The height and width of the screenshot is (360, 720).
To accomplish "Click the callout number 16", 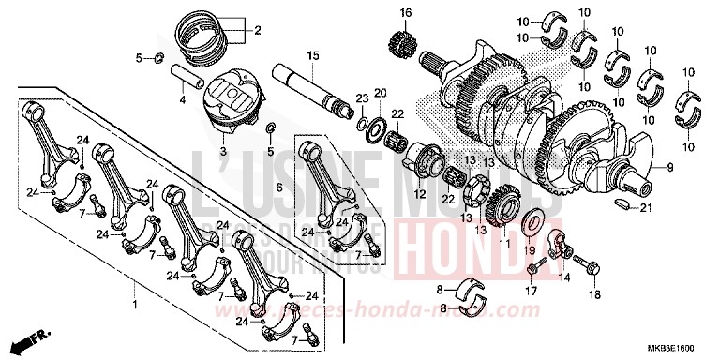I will pyautogui.click(x=406, y=12).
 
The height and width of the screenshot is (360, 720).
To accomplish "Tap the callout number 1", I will pyautogui.click(x=134, y=306).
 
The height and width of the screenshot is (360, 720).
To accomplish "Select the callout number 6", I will pyautogui.click(x=278, y=187).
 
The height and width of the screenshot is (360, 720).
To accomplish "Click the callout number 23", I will pyautogui.click(x=360, y=98).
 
